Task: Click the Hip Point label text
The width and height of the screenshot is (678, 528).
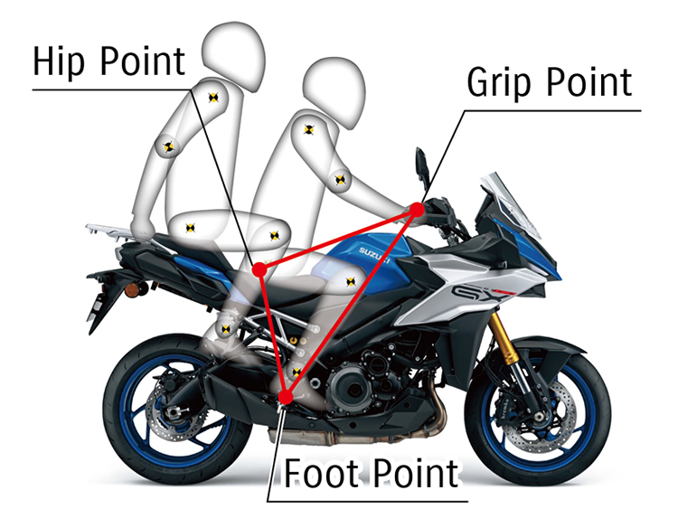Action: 108,61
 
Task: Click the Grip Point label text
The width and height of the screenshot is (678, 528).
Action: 549,82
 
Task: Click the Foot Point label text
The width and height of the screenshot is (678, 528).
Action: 371,473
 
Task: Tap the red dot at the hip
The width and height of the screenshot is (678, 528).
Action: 259,269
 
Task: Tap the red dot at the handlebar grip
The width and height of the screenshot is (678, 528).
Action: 417,210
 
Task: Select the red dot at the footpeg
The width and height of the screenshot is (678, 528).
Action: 286,396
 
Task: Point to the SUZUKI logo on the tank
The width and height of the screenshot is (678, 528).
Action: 372,254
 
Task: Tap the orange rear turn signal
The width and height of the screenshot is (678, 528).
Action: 138,289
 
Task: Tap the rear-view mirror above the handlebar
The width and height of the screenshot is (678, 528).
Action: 421,165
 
